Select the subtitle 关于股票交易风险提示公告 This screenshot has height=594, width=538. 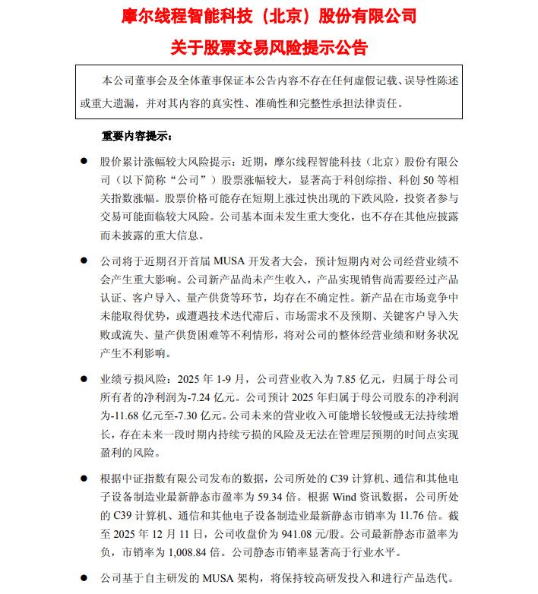(269, 48)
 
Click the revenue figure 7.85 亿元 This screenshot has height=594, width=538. (354, 378)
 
